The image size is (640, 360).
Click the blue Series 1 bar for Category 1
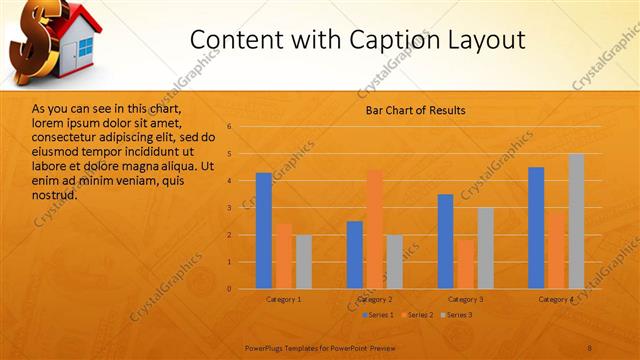click(x=263, y=231)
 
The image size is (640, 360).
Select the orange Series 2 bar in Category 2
click(x=374, y=229)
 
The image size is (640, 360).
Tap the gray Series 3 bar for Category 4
click(x=576, y=221)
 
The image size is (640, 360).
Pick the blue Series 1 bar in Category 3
click(x=445, y=241)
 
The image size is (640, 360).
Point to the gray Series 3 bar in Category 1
click(x=303, y=262)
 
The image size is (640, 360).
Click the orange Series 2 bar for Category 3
click(x=465, y=264)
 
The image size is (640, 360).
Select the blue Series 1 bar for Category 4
click(x=536, y=228)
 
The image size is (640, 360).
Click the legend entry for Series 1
click(x=378, y=315)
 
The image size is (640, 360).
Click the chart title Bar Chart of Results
click(x=414, y=110)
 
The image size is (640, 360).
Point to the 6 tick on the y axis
click(x=230, y=127)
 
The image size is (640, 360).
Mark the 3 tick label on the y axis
click(x=230, y=208)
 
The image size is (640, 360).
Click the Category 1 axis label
click(x=284, y=299)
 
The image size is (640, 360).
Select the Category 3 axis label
click(x=465, y=299)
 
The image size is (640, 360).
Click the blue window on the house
click(x=84, y=46)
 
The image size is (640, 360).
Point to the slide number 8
click(x=589, y=347)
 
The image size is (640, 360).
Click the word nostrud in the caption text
click(x=54, y=194)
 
